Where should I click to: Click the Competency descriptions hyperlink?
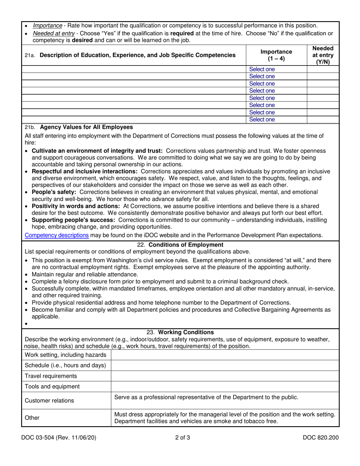point(57,235)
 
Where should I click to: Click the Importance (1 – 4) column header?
point(276,55)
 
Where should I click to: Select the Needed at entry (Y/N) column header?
point(323,55)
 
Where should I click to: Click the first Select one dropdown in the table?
point(262,69)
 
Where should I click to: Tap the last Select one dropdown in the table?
point(262,120)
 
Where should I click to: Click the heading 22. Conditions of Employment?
point(180,245)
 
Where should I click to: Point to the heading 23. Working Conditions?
point(180,332)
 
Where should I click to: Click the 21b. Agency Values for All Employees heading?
point(78,127)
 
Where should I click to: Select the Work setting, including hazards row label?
point(66,355)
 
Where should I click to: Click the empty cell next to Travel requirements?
point(225,376)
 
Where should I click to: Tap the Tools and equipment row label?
point(52,386)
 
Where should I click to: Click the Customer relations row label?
point(49,400)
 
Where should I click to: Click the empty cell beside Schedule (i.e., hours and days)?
point(225,365)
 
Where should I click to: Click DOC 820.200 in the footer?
point(321,438)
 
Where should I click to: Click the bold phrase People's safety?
point(54,192)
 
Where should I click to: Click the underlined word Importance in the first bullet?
point(47,26)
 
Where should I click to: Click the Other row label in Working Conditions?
point(32,418)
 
